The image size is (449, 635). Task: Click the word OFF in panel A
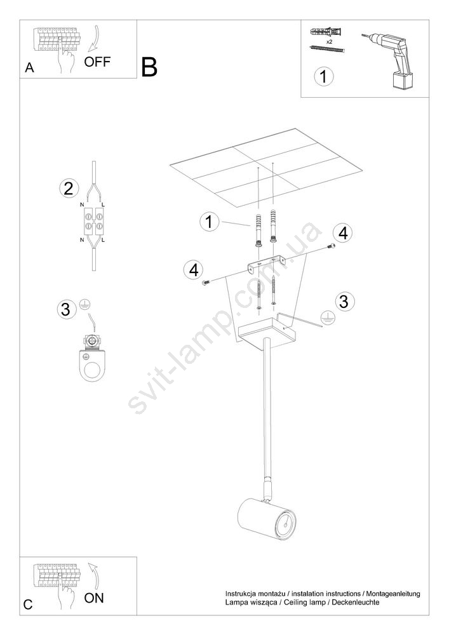(x=97, y=62)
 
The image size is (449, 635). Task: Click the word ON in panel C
(x=94, y=598)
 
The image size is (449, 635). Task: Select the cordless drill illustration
(x=389, y=60)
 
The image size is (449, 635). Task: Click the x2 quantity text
(x=329, y=42)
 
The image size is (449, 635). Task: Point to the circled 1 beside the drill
(x=323, y=76)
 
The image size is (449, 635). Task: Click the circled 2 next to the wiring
(x=69, y=189)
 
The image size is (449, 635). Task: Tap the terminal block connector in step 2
(x=93, y=222)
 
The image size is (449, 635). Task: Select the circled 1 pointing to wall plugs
(x=210, y=222)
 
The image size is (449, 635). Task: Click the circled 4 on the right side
(x=343, y=234)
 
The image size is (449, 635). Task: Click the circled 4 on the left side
(x=193, y=270)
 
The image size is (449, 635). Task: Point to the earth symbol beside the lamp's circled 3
(x=327, y=319)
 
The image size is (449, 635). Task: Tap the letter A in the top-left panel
(x=30, y=68)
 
